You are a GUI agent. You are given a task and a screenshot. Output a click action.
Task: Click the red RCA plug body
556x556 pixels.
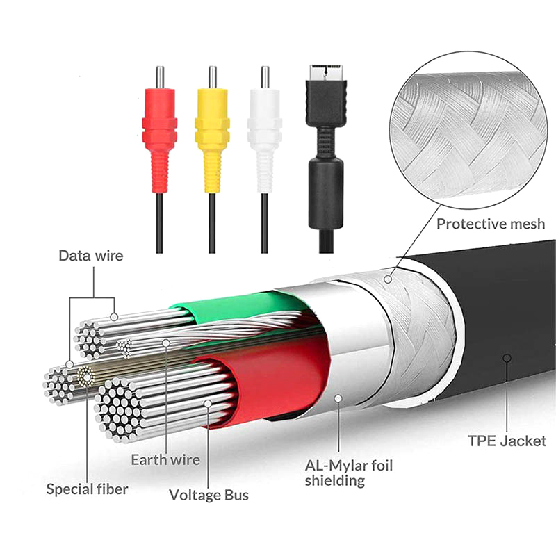pos(159,132)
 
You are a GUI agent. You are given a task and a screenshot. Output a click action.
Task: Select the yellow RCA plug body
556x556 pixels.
pos(212,132)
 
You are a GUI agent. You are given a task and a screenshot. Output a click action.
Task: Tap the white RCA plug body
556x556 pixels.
pos(265,132)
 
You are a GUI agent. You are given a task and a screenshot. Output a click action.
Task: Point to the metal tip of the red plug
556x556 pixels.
pos(159,76)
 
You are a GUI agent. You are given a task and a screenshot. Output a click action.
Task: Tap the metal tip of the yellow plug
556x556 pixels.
pos(212,76)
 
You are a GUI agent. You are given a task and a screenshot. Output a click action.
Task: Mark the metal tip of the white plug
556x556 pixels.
pos(265,76)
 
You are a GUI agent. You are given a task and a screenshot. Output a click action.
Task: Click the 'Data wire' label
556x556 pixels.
pos(91,256)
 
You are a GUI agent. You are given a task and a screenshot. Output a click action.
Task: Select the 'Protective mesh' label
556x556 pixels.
pos(491,224)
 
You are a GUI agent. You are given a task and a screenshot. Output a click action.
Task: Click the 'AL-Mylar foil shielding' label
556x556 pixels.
pos(349,473)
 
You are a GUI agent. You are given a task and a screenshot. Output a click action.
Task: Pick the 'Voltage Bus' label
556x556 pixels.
pos(209,496)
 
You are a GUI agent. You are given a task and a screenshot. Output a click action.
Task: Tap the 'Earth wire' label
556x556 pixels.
pos(165,459)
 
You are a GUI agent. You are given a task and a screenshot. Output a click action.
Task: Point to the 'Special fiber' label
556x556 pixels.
pos(88,489)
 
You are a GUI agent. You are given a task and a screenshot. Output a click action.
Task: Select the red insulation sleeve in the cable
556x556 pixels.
pos(278,379)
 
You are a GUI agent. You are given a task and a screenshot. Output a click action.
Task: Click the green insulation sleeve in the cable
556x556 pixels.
pos(229,306)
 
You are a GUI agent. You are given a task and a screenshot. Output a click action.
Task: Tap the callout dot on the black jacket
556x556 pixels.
pos(507,358)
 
